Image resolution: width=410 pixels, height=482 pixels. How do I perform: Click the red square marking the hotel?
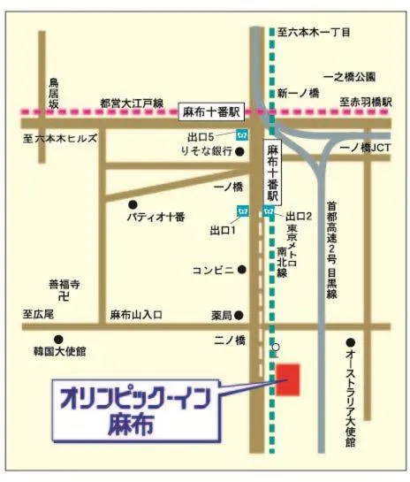[289, 380]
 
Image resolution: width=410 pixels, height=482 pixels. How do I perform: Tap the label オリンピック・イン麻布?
[134, 409]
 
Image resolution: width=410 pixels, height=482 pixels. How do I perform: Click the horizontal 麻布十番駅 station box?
[211, 111]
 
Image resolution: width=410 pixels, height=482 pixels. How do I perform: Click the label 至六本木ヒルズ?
[61, 139]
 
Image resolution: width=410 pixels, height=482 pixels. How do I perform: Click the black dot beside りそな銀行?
[239, 152]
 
